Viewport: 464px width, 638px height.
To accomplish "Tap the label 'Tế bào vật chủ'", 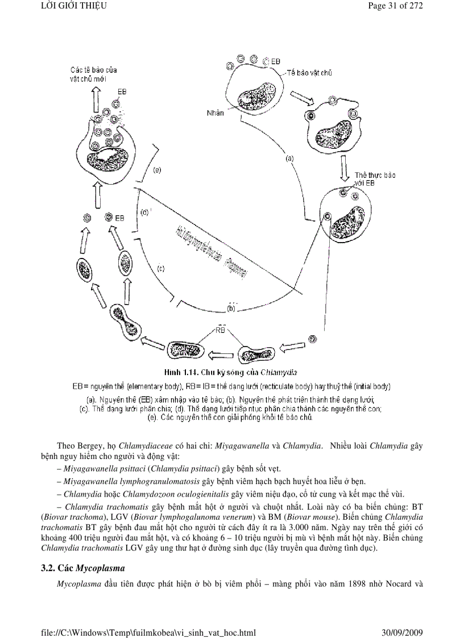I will pyautogui.click(x=309, y=73).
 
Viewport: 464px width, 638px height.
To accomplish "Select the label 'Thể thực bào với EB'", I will pyautogui.click(x=374, y=179).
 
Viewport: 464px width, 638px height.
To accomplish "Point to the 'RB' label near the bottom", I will pyautogui.click(x=222, y=329).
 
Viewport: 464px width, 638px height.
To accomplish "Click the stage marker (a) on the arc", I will pyautogui.click(x=289, y=159).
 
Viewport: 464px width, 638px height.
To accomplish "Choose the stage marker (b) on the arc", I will pyautogui.click(x=231, y=308).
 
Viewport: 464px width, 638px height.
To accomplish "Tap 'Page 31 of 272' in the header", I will pyautogui.click(x=395, y=7).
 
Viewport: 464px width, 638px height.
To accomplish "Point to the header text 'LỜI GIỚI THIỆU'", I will pyautogui.click(x=74, y=7).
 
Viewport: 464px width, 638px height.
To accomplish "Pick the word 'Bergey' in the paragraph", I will pyautogui.click(x=93, y=444).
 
